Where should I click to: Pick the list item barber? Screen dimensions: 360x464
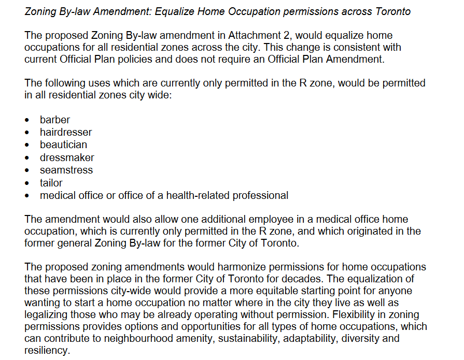coord(55,120)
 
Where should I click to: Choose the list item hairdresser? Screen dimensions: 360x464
coord(66,132)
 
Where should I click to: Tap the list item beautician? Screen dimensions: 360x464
coord(63,145)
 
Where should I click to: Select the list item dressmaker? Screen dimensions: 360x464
coord(67,157)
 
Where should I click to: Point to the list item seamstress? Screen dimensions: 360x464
coord(66,170)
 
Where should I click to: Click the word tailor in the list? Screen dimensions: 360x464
coord(51,183)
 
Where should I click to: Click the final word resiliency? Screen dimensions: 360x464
coord(46,351)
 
